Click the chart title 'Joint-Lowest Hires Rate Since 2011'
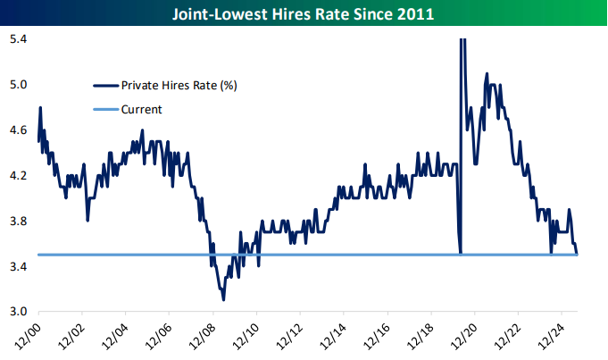(x=304, y=14)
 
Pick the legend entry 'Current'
(x=143, y=109)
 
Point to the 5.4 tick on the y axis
(x=18, y=39)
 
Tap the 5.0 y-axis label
(x=18, y=85)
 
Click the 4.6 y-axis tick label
(x=18, y=130)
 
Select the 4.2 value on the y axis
(x=18, y=176)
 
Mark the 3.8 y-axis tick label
(x=18, y=222)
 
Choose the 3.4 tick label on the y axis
(x=18, y=267)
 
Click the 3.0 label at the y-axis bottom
(x=18, y=313)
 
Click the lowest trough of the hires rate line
(x=222, y=300)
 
